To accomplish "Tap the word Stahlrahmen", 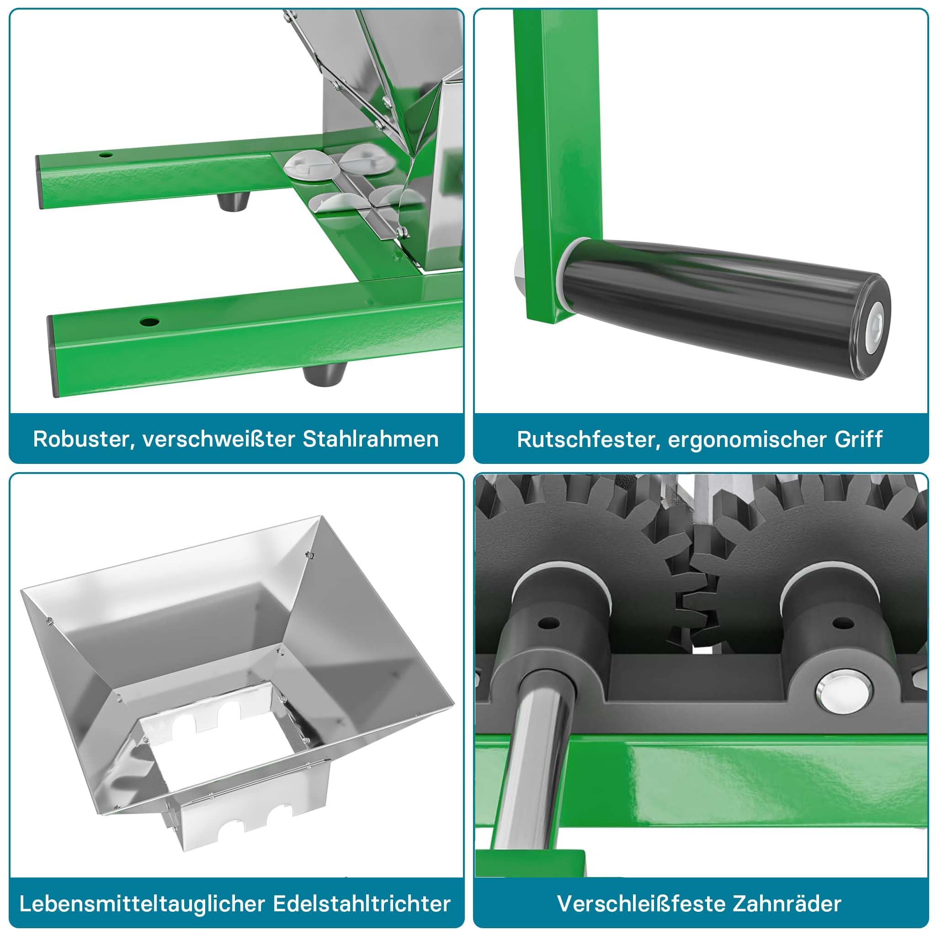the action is (x=371, y=439).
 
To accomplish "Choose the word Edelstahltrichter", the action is (x=362, y=904).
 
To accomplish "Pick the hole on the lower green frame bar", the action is (x=149, y=321).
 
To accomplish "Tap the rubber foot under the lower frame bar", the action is (x=324, y=374).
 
